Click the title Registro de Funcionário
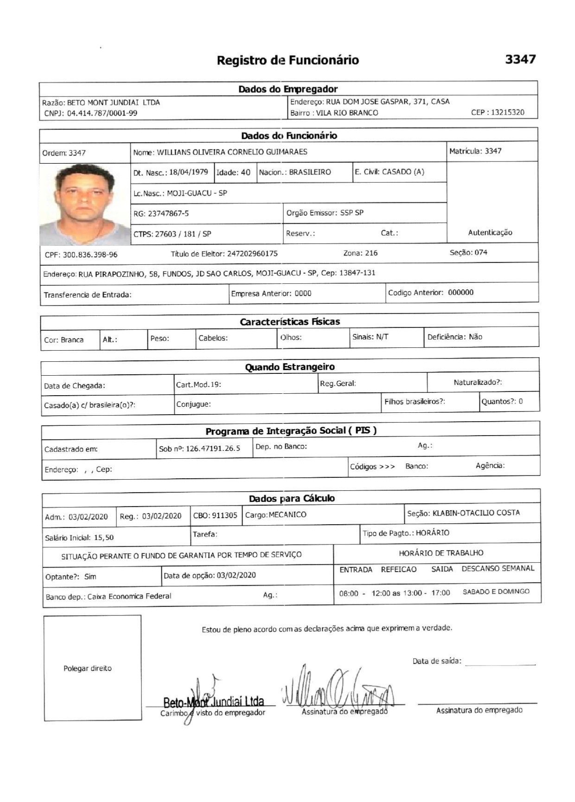tap(287, 60)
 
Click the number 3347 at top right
tap(520, 59)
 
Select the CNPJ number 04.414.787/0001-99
tap(102, 113)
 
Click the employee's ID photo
tap(85, 204)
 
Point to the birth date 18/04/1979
tap(188, 172)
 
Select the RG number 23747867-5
tap(168, 214)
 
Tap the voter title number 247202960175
tap(252, 254)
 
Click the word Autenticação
tap(490, 233)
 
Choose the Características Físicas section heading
tap(289, 322)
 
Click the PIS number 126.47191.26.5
tap(213, 449)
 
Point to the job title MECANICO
tap(287, 515)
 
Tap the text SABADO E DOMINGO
tap(496, 592)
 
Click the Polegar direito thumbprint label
tap(87, 668)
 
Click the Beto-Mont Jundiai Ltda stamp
tap(213, 701)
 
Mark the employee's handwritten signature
tap(338, 690)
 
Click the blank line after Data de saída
tap(500, 664)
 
